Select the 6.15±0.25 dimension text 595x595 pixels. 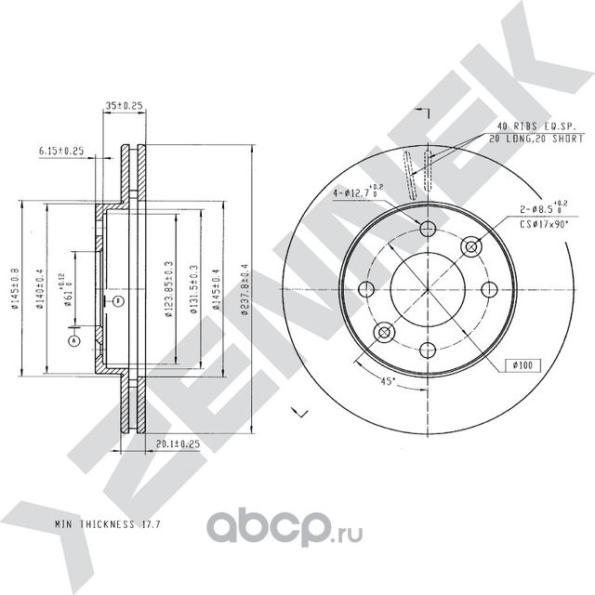pos(61,151)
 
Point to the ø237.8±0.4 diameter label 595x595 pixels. pos(245,291)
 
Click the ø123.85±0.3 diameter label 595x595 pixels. pos(169,290)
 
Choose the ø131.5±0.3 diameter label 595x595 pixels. pos(192,291)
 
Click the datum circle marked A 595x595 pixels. pos(73,340)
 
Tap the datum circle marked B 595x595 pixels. pos(118,300)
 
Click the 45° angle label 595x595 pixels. pos(384,381)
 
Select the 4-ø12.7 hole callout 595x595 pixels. pos(353,193)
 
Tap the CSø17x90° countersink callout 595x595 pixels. pos(542,225)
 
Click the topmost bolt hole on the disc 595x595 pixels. pos(429,230)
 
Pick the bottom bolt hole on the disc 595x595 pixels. pos(429,350)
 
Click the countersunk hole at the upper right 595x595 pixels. pos(470,247)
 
